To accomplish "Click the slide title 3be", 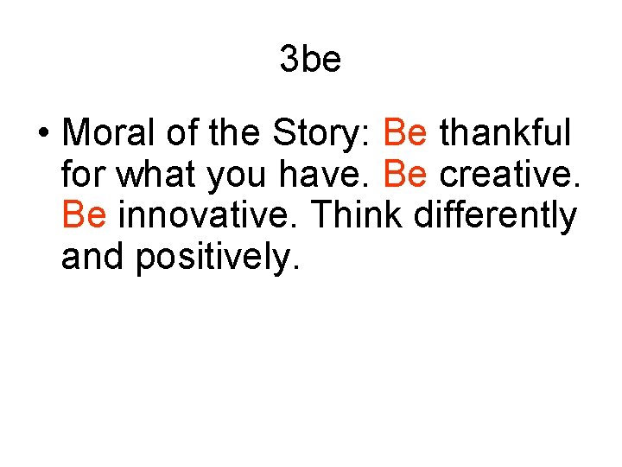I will point(310,60).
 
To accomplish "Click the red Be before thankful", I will point(404,134).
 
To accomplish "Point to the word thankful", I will point(506,134).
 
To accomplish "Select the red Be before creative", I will point(404,175).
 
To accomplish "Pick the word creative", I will point(509,175).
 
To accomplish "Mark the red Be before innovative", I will point(84,215).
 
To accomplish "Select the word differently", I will point(495,215).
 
